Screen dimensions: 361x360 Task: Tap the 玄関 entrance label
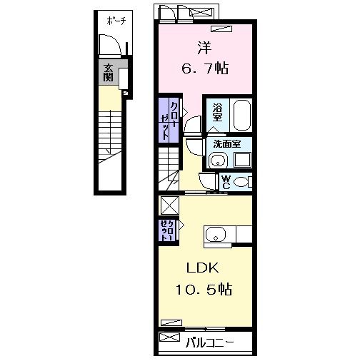[109, 73]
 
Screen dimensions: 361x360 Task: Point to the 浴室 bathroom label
[219, 113]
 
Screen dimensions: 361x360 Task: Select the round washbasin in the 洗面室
[217, 160]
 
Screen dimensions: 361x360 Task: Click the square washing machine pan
[241, 159]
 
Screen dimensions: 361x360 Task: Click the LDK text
[204, 269]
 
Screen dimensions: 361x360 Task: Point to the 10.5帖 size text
[204, 290]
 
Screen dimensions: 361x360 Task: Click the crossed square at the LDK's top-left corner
[169, 205]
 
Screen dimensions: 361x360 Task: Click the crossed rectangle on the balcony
[170, 337]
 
